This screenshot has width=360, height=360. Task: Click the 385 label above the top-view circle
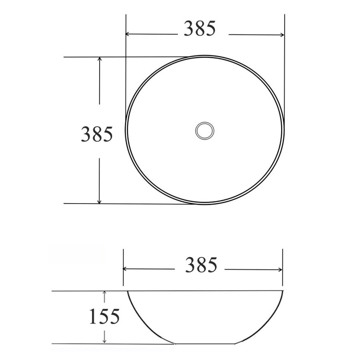click(x=200, y=28)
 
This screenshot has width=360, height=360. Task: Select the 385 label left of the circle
click(x=97, y=134)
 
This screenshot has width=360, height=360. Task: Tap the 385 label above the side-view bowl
click(x=201, y=265)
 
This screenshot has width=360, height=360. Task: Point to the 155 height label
click(x=104, y=317)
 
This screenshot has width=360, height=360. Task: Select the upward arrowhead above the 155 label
click(x=104, y=294)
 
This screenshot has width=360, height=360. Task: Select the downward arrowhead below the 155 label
click(x=104, y=340)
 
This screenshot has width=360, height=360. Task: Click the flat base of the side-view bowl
click(x=205, y=343)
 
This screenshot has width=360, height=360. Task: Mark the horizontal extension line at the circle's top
click(x=120, y=57)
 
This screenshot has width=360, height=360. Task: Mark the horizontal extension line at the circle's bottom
click(x=120, y=204)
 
